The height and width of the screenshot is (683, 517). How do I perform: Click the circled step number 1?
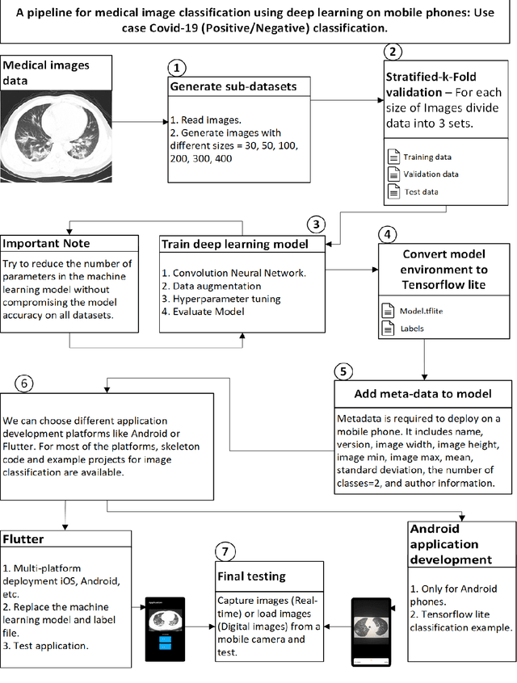pos(176,68)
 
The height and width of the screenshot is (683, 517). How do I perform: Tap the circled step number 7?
pos(225,552)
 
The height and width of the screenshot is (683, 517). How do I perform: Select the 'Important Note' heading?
pos(47,243)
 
